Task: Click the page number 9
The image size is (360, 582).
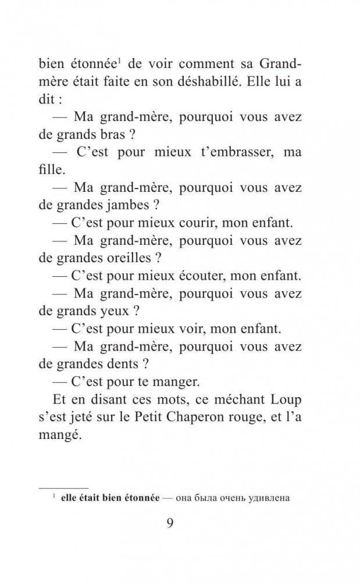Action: coord(170,523)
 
